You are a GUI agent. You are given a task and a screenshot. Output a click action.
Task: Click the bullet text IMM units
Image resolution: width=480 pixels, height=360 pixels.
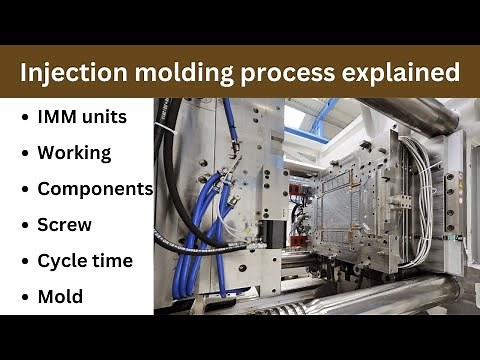[x=82, y=117]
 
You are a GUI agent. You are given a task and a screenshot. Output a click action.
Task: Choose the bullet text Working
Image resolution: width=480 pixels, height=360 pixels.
[x=73, y=153]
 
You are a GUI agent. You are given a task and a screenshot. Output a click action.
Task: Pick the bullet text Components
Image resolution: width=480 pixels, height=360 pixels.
[x=95, y=189]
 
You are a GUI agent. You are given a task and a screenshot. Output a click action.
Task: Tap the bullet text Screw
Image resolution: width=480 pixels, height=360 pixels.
[x=65, y=225]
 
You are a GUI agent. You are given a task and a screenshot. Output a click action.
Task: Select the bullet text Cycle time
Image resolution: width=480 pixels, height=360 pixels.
[x=84, y=261]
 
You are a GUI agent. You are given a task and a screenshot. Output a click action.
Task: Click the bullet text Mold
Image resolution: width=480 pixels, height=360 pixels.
[x=60, y=297]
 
